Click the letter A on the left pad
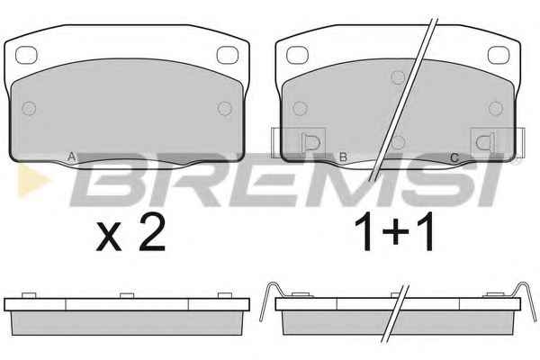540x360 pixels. (71, 157)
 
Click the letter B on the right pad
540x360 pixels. (343, 157)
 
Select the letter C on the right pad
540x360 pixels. (454, 157)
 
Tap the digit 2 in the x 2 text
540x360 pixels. (153, 232)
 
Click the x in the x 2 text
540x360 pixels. (109, 236)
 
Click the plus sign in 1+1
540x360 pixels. (395, 231)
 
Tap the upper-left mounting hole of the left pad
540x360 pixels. (26, 55)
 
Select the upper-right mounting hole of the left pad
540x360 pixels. (228, 55)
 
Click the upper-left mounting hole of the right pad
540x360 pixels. (297, 55)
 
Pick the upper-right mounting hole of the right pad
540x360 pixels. (499, 55)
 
